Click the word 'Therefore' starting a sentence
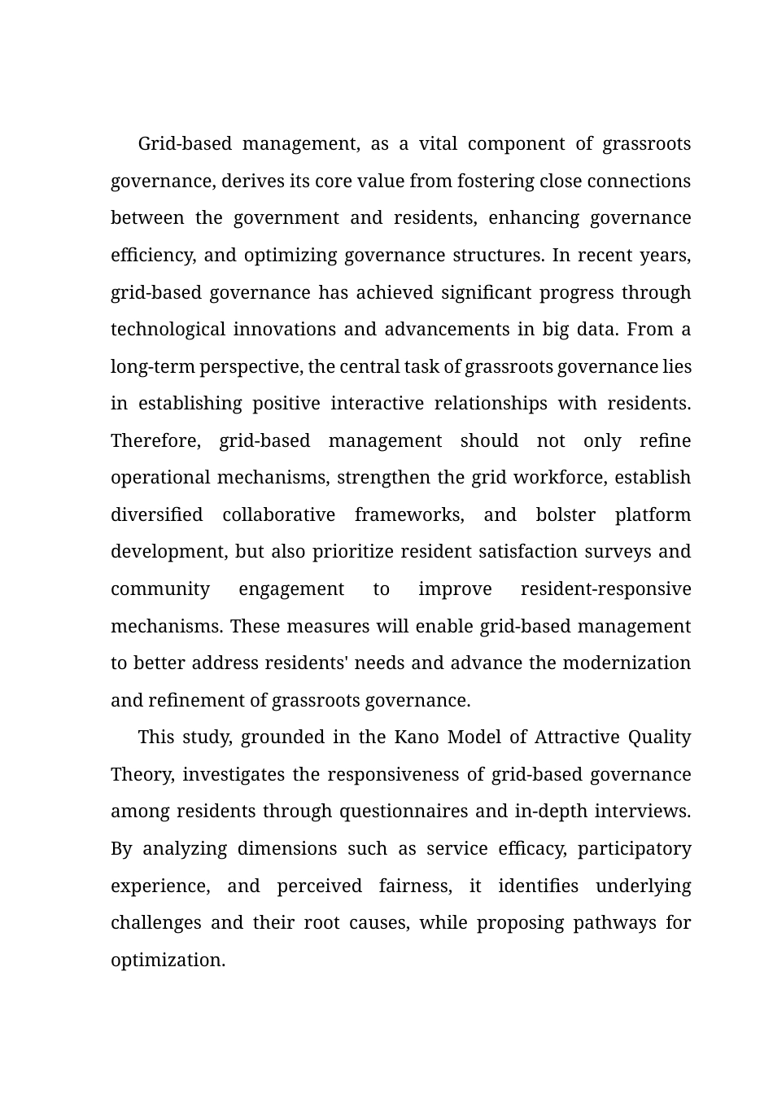coord(155,441)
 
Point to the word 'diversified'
coord(156,515)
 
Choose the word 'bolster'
coord(566,515)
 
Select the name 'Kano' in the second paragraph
coord(417,737)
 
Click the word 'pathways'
coord(614,923)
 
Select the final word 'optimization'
coord(167,961)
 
